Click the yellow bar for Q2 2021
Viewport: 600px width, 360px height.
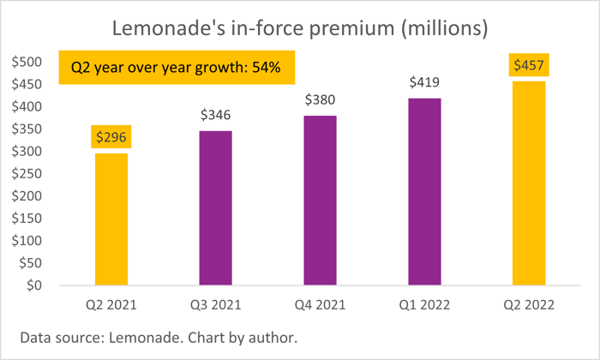(111, 219)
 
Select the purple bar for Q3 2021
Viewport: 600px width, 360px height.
(216, 208)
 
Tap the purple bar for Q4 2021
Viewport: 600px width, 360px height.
(321, 201)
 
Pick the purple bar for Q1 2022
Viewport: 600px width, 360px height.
(425, 192)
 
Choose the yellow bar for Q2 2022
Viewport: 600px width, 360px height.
(529, 183)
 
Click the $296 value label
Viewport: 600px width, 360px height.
(111, 137)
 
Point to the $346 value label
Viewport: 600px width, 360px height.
(216, 115)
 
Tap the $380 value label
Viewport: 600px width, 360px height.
(321, 99)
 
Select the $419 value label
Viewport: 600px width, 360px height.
(424, 82)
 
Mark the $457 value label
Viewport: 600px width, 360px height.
(529, 65)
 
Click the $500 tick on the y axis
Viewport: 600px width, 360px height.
(27, 62)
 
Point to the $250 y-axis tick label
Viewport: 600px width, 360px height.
(27, 173)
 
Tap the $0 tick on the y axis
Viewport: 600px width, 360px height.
(34, 285)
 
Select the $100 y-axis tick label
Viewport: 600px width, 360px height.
(27, 240)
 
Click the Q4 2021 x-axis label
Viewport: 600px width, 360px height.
(321, 305)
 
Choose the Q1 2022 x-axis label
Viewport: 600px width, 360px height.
(424, 305)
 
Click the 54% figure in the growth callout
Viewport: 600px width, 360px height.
(267, 68)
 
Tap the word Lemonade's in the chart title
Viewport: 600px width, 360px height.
(169, 28)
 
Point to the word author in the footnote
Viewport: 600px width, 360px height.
(273, 338)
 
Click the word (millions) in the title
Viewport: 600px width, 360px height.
(444, 28)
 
